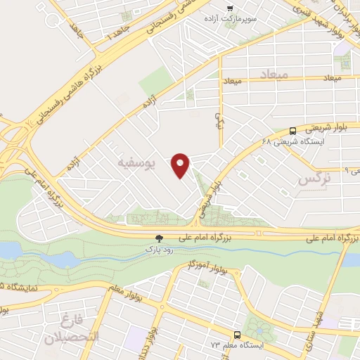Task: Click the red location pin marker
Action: [181, 165]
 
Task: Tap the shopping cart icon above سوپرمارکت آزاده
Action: [229, 8]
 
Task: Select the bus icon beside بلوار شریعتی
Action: [292, 130]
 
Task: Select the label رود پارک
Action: [158, 249]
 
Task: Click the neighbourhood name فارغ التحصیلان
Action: [72, 330]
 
